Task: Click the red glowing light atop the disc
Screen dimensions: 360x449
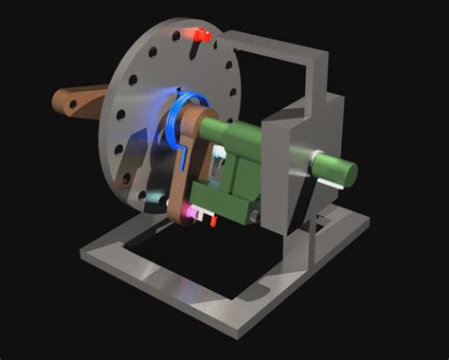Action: click(x=200, y=36)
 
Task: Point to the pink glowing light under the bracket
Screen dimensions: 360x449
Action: click(x=200, y=212)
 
